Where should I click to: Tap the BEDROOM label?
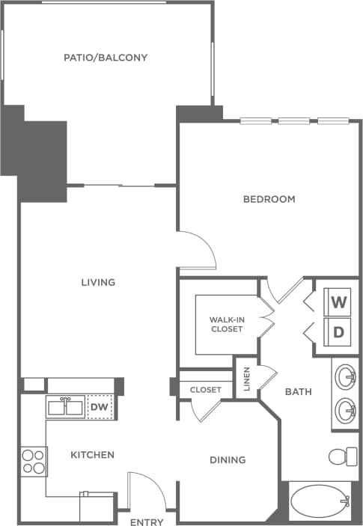pos(269,199)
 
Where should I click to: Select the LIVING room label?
pos(98,282)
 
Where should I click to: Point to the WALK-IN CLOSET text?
pos(226,324)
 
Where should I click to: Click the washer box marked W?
pos(338,303)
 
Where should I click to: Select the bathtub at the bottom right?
pos(320,501)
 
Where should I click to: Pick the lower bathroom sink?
pos(345,410)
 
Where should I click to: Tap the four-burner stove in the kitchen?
pos(34,461)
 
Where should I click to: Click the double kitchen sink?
pos(65,407)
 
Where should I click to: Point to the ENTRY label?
pos(147,521)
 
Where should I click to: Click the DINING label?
pos(227,459)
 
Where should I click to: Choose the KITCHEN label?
pos(93,455)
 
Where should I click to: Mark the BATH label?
pos(298,391)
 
